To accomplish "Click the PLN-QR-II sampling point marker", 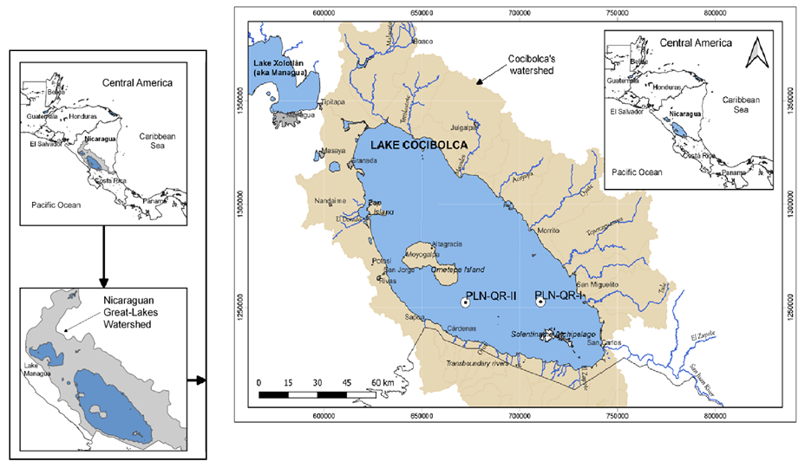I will (x=466, y=302).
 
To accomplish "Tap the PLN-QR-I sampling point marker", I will (x=540, y=302).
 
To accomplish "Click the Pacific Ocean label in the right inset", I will (x=637, y=172).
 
